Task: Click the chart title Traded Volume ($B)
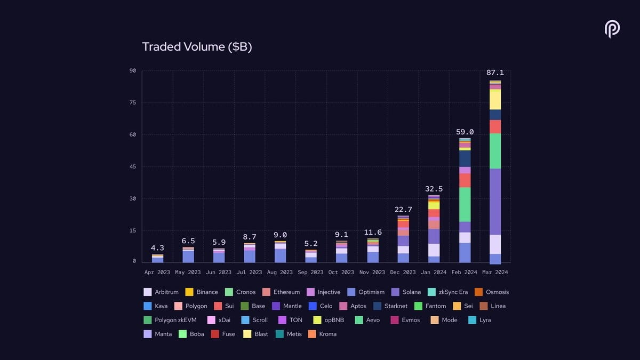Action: [x=197, y=47]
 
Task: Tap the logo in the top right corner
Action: [x=612, y=29]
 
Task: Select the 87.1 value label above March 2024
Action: [x=494, y=73]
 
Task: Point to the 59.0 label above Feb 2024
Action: [x=465, y=132]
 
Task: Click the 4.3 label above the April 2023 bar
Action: [x=157, y=248]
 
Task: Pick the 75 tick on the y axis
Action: [x=132, y=102]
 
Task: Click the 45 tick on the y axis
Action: [x=132, y=166]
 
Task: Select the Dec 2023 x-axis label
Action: [x=402, y=272]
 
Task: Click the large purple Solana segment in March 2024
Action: [x=495, y=202]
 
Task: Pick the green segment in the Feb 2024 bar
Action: [x=465, y=204]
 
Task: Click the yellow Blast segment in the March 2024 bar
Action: [x=495, y=100]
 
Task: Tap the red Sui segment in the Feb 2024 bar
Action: [x=465, y=180]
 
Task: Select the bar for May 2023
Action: [x=188, y=255]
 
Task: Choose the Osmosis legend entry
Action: [x=491, y=292]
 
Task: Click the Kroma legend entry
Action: [x=322, y=334]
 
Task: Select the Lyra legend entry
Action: [x=479, y=320]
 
